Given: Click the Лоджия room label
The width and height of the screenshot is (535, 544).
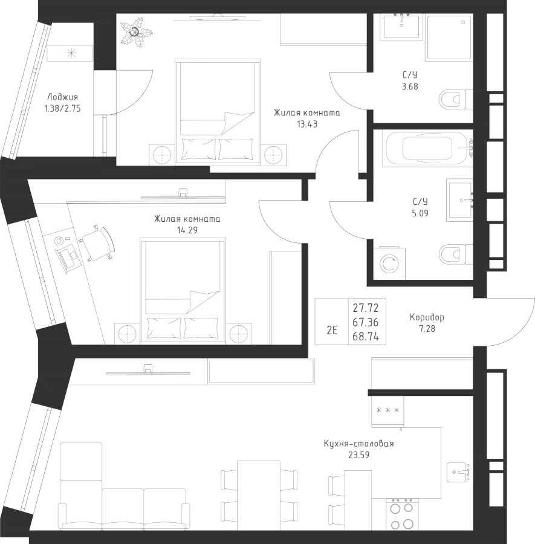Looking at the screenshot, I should [x=62, y=97].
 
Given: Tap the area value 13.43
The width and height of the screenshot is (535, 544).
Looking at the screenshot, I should [x=307, y=124].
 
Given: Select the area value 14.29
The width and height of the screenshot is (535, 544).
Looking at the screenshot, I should [x=187, y=230].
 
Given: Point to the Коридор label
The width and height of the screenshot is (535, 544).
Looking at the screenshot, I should [x=427, y=317].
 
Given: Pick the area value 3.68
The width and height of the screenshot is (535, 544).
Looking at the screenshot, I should [x=410, y=86].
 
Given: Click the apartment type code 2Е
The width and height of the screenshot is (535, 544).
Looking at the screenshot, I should [x=331, y=330].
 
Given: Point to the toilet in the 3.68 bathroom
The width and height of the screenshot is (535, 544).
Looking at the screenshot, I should [x=452, y=99].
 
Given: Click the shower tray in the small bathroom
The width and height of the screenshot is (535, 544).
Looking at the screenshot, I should [x=448, y=37].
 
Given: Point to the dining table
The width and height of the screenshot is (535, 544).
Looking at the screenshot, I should [x=258, y=490].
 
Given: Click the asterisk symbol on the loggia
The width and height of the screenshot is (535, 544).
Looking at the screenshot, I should [x=71, y=54].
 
